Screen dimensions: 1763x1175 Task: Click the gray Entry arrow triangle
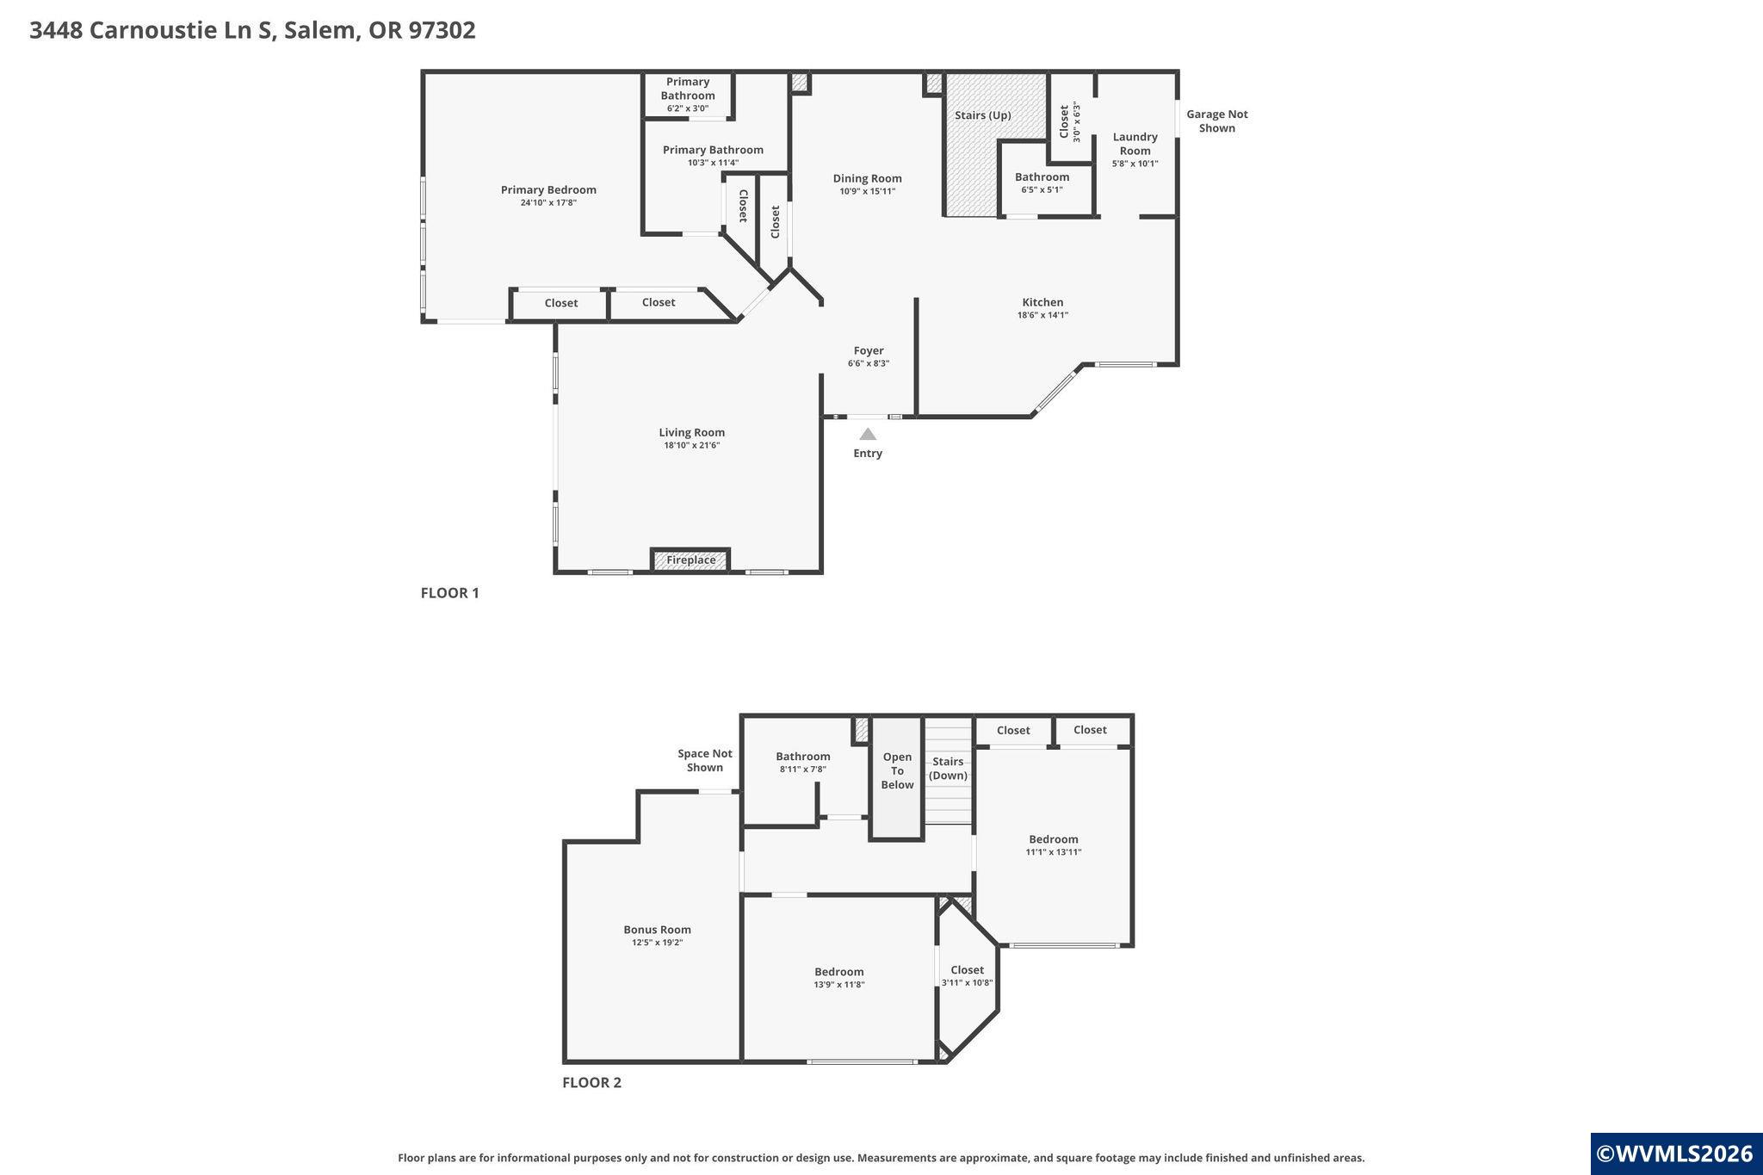pos(868,435)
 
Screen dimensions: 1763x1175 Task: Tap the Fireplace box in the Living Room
pos(690,560)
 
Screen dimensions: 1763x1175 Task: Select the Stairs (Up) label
pos(983,115)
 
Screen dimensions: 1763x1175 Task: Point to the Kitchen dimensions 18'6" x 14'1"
pos(1042,315)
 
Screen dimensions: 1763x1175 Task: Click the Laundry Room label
pos(1135,144)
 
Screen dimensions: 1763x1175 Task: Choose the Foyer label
pos(869,350)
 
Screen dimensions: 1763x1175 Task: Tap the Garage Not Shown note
pos(1216,121)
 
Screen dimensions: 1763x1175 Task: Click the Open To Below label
pos(897,771)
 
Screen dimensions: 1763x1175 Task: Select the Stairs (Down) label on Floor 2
pos(948,769)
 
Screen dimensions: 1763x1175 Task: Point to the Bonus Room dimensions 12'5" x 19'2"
pos(658,943)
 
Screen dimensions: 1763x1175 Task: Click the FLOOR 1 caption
pos(449,593)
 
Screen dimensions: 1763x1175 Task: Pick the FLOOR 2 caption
pos(591,1083)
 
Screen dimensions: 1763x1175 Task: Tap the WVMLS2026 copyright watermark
pos(1675,1154)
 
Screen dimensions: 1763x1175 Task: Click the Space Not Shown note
pos(705,761)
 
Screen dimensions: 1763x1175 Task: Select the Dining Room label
pos(868,178)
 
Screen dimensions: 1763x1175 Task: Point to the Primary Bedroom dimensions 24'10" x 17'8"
pos(548,203)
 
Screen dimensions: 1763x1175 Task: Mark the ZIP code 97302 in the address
pos(442,31)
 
